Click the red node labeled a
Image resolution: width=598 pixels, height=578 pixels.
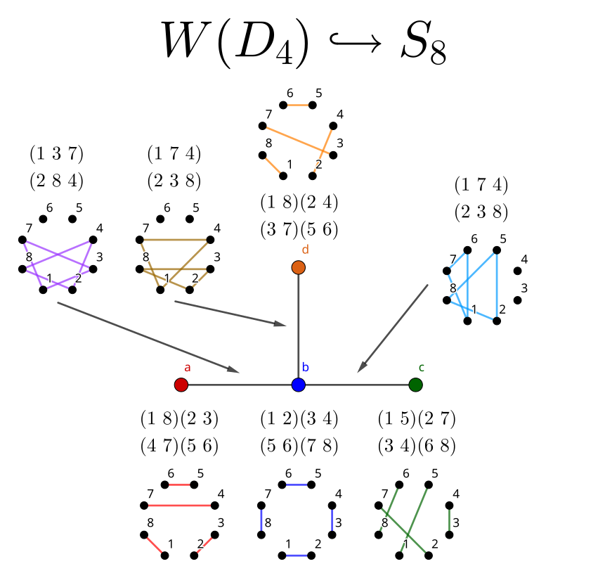[x=181, y=385]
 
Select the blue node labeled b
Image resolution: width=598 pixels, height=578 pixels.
[x=298, y=385]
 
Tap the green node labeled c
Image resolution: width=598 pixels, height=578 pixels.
[x=415, y=385]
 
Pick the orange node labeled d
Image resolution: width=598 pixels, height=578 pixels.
[x=298, y=267]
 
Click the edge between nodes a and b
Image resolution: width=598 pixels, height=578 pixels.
[x=239, y=385]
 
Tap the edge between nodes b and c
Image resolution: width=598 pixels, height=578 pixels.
[x=356, y=385]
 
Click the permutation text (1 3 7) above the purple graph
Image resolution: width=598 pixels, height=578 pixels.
[x=56, y=153]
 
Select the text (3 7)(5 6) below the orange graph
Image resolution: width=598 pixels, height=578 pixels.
[x=299, y=230]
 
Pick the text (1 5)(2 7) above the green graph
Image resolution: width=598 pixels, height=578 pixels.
[x=416, y=420]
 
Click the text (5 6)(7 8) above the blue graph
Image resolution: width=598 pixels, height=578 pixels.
[x=299, y=446]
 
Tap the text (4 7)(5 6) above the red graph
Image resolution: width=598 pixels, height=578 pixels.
[x=180, y=446]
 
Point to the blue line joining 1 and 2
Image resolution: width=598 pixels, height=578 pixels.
[x=299, y=555]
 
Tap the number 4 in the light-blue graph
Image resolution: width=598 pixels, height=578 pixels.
[x=524, y=259]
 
